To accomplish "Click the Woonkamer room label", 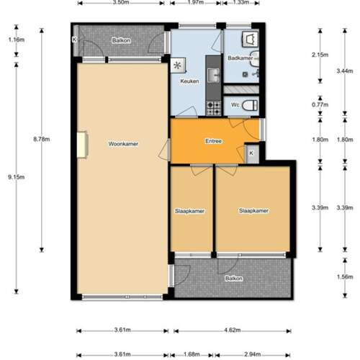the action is [123, 144].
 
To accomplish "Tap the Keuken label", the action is [189, 81].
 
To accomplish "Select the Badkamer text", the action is [240, 58].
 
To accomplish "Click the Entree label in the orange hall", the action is [213, 141].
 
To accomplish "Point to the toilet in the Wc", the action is [250, 105].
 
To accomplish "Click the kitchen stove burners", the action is [213, 108].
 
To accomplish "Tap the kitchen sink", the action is [213, 75].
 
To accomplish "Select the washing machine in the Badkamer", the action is [251, 38].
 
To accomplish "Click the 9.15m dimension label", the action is [17, 177].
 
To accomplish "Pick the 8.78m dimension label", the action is [42, 139].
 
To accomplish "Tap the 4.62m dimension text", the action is [233, 330].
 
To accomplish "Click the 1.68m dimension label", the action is [192, 354].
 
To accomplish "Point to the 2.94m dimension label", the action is [253, 354].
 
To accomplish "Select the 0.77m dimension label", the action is [320, 104].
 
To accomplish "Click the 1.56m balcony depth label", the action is [345, 277].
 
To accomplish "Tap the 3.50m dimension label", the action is [121, 2].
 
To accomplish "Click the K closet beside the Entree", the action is [252, 153].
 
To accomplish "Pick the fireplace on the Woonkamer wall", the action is [83, 145].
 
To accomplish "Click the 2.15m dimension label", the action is [320, 55].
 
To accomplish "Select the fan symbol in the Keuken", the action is [178, 65].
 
